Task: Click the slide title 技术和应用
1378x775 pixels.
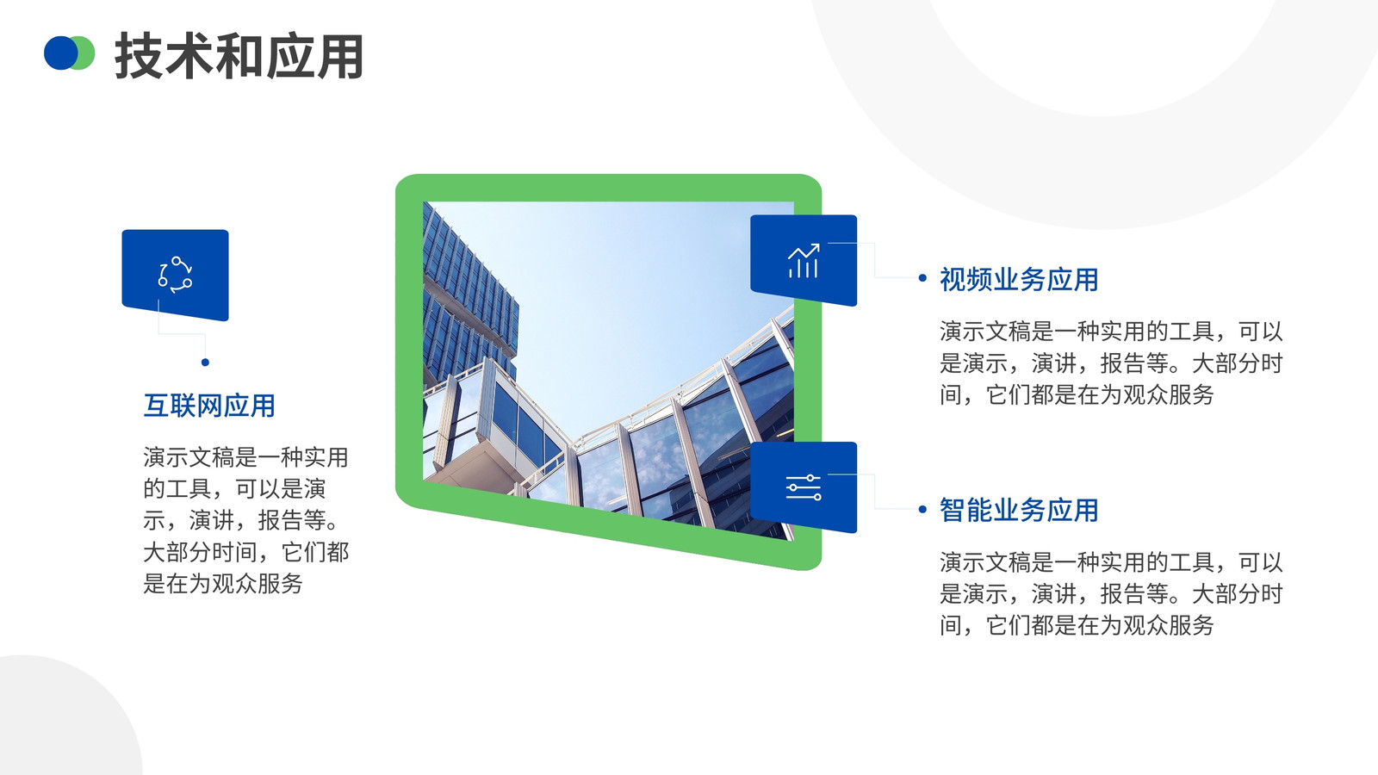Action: click(x=239, y=56)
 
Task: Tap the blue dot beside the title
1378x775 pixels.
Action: click(x=59, y=53)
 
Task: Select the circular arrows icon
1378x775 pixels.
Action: click(x=176, y=275)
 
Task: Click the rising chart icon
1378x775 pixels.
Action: click(x=804, y=260)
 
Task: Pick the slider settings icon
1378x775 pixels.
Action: click(x=804, y=487)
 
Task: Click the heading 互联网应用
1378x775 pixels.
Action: click(x=209, y=406)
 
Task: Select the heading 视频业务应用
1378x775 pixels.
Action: click(x=1019, y=279)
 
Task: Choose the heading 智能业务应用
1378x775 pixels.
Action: click(x=1019, y=510)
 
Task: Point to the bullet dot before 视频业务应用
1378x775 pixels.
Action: click(x=922, y=278)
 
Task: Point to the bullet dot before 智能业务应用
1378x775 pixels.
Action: click(x=922, y=509)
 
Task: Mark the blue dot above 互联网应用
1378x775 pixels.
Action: click(x=206, y=363)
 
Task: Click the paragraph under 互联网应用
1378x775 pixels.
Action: click(x=246, y=520)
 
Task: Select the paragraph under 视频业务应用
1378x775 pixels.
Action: click(x=1111, y=363)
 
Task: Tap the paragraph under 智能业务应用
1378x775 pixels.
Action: click(x=1111, y=593)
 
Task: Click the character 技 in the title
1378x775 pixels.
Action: click(x=139, y=56)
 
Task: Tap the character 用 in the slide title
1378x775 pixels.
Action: click(x=340, y=56)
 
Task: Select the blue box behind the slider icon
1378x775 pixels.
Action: click(x=804, y=487)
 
